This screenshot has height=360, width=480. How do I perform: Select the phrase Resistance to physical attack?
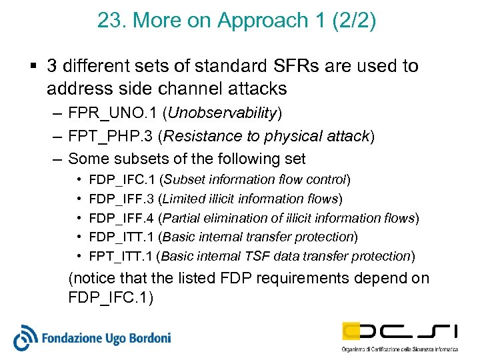[266, 137]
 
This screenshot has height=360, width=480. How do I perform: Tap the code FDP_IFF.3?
[121, 199]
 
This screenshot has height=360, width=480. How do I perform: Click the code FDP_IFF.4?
[121, 218]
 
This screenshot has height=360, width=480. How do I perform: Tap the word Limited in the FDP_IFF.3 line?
[184, 199]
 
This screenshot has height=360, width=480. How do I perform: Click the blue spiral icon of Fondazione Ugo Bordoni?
[26, 337]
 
